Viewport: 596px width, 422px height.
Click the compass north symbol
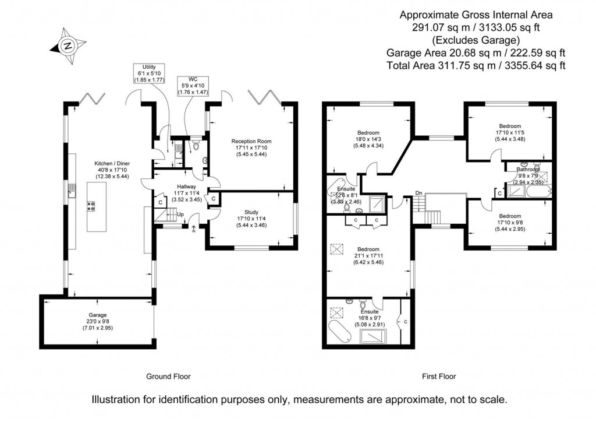[66, 46]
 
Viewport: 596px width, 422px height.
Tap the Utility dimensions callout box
[151, 73]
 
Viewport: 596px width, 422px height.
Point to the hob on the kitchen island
[91, 205]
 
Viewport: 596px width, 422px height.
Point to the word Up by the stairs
[180, 214]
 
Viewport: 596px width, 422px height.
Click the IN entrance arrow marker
[193, 228]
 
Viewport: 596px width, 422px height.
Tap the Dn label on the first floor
[418, 194]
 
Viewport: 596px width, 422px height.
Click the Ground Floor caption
[168, 377]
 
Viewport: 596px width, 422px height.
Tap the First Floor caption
[439, 377]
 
